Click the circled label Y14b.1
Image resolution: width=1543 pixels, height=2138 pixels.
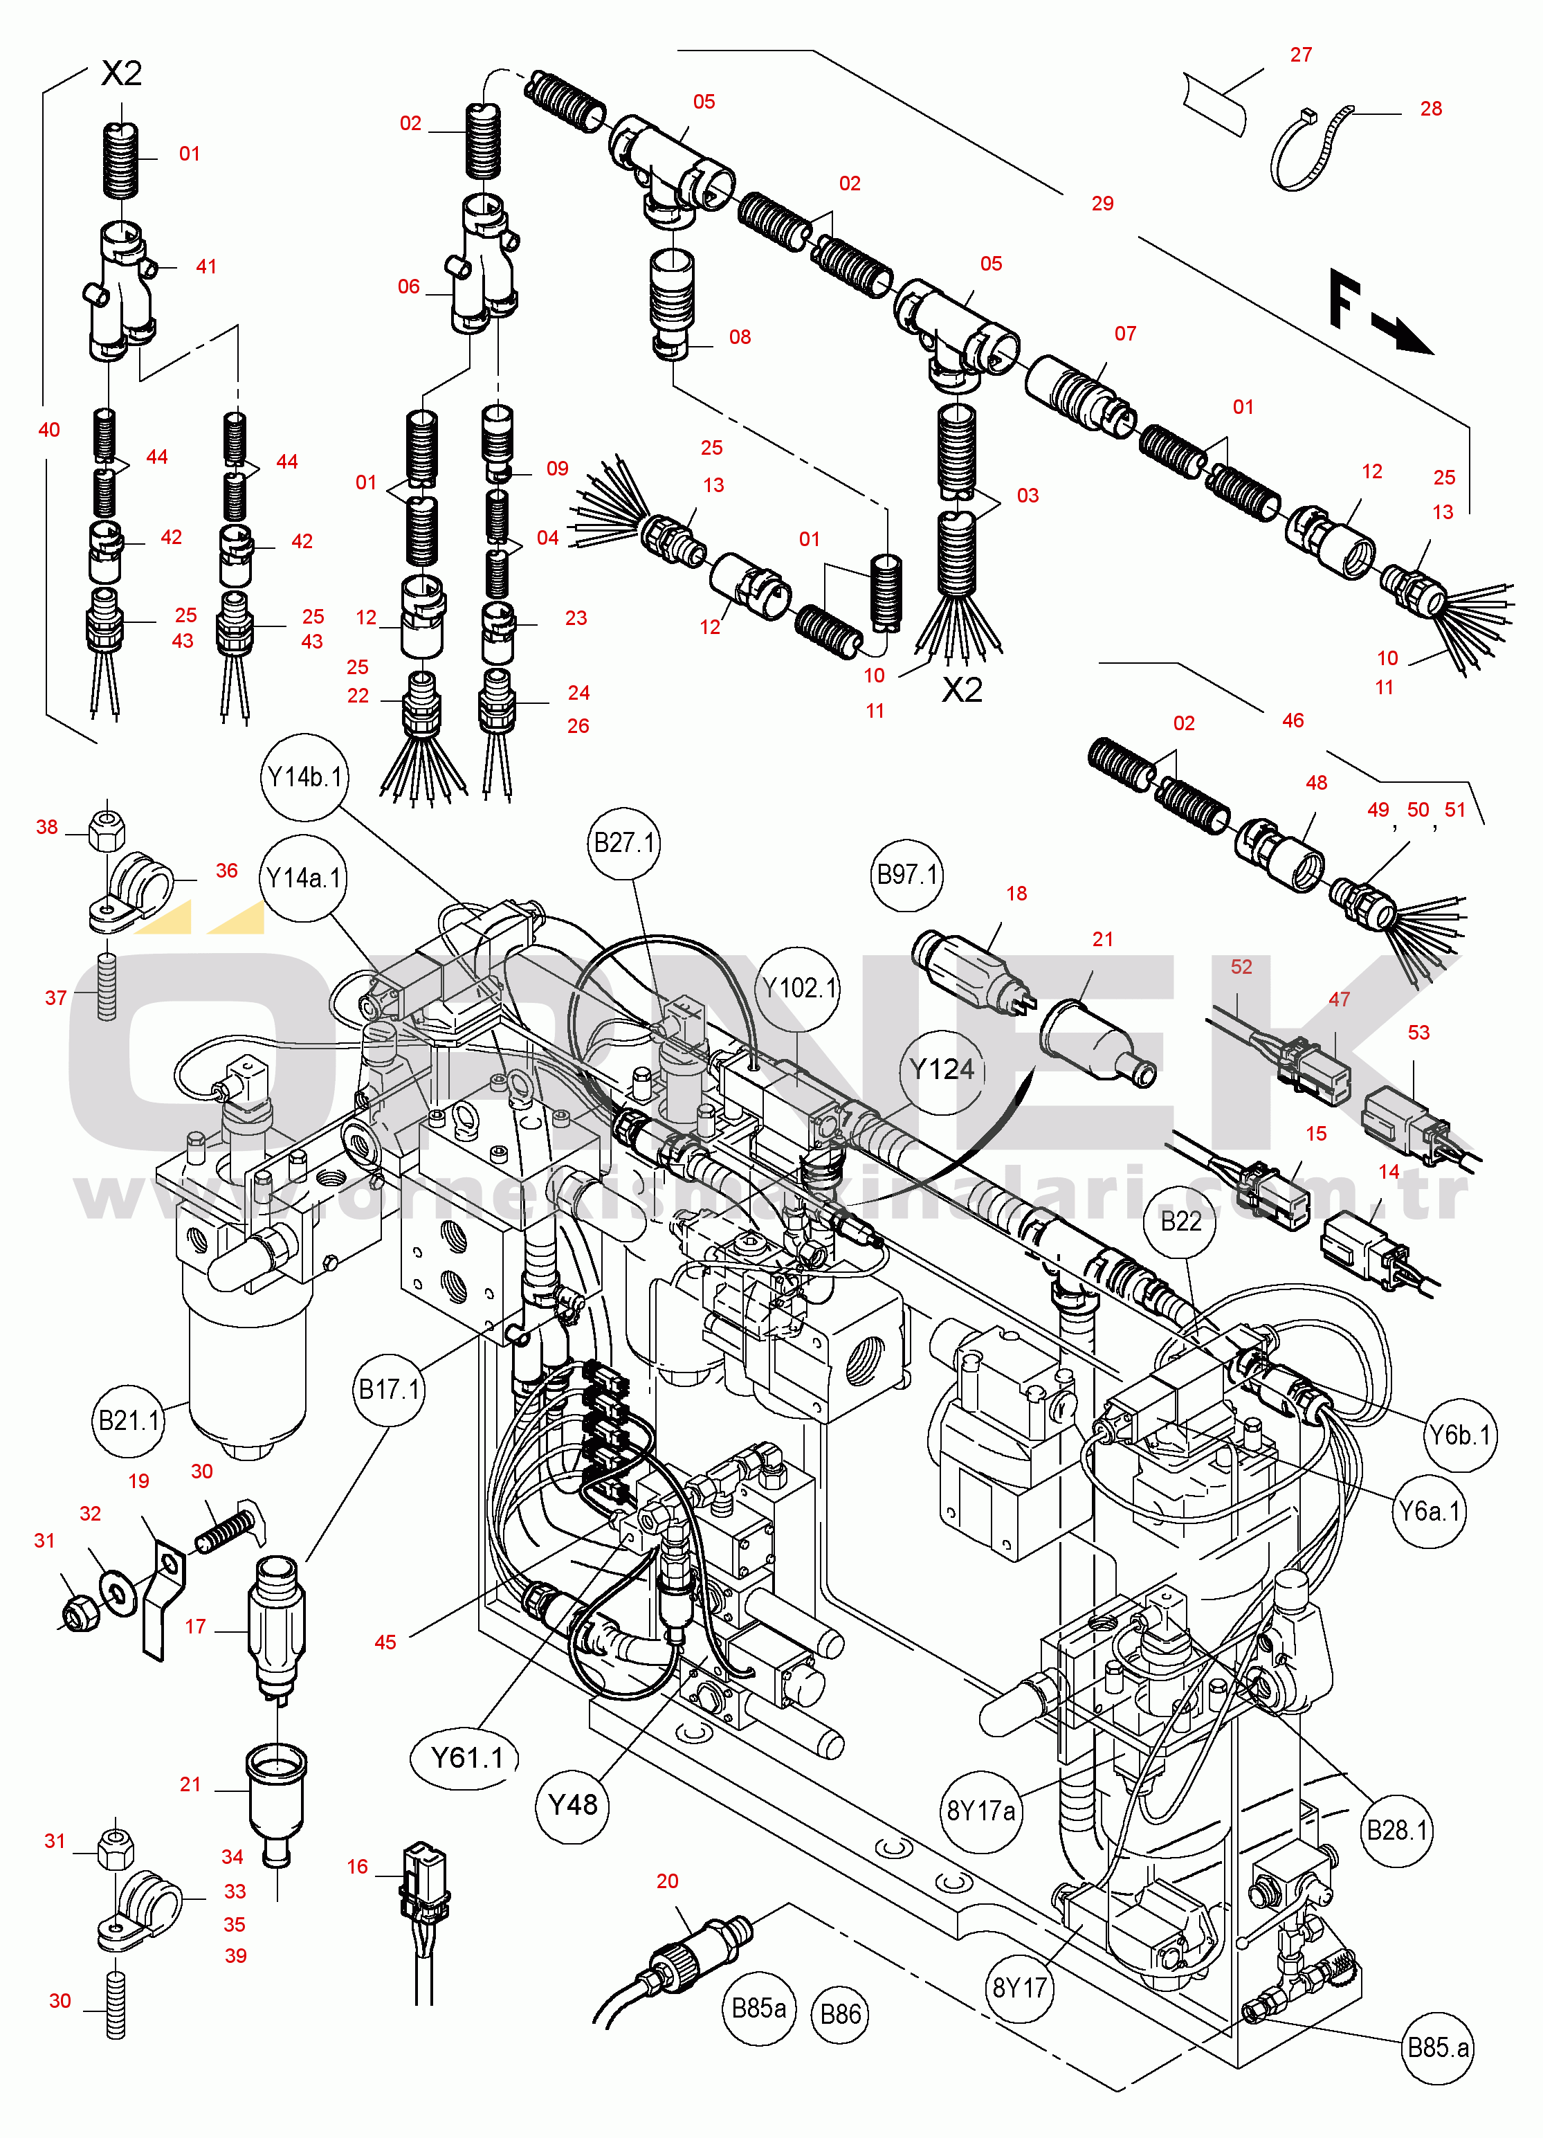tap(304, 778)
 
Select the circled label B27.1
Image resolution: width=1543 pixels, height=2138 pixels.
tap(624, 843)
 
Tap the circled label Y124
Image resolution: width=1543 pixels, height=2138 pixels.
tap(942, 1070)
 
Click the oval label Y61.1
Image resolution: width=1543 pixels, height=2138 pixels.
tap(466, 1757)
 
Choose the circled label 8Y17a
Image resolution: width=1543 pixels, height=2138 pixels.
tap(981, 1811)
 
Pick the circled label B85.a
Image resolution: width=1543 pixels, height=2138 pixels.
tap(1437, 2047)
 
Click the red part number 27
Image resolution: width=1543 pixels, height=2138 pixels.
tap(1301, 55)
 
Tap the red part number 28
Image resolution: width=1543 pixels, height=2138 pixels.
tap(1431, 109)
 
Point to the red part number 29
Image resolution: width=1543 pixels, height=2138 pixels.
tap(1102, 203)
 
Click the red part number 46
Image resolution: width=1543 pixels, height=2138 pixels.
tap(1293, 721)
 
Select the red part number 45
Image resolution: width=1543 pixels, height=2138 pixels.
tap(385, 1642)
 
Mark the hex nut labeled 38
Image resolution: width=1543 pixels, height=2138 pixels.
tap(107, 831)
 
